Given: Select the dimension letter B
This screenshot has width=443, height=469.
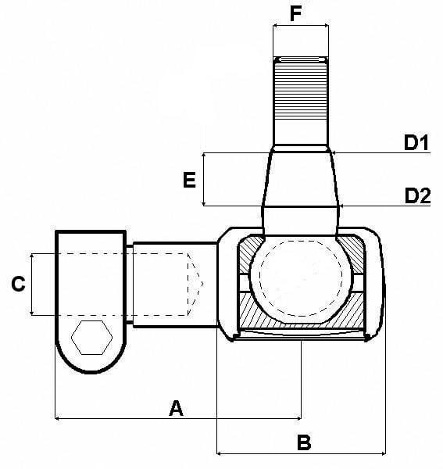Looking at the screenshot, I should (x=305, y=442).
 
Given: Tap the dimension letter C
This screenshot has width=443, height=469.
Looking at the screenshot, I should (x=17, y=285).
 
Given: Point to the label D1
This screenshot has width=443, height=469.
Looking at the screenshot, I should (x=416, y=142).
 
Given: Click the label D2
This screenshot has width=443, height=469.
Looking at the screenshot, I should (x=417, y=195).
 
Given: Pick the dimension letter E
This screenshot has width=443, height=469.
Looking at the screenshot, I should (x=188, y=181).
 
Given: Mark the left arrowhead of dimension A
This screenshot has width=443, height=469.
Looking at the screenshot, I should (x=59, y=419).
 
